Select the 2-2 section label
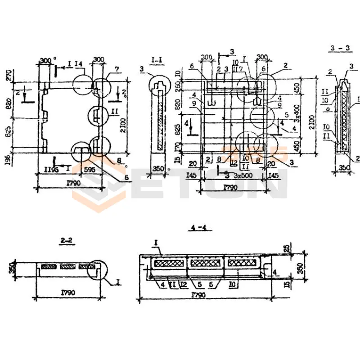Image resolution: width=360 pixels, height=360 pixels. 67,242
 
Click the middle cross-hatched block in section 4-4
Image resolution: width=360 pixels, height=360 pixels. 206,263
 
